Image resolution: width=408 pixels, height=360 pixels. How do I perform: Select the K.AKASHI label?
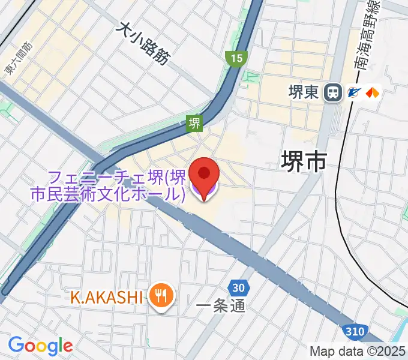106,296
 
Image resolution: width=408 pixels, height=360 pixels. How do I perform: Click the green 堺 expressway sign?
194,124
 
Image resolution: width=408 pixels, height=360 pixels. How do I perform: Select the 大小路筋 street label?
143,43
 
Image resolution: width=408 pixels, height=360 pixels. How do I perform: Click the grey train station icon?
331,92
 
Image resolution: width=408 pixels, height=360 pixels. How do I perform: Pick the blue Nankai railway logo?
353,92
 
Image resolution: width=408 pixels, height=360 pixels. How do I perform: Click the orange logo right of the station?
373,92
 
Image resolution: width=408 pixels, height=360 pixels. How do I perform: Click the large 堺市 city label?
304,161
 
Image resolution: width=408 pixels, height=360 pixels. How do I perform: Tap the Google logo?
40,346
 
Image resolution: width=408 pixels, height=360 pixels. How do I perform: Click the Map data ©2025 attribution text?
358,351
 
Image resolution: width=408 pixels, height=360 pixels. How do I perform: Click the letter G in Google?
16,345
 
